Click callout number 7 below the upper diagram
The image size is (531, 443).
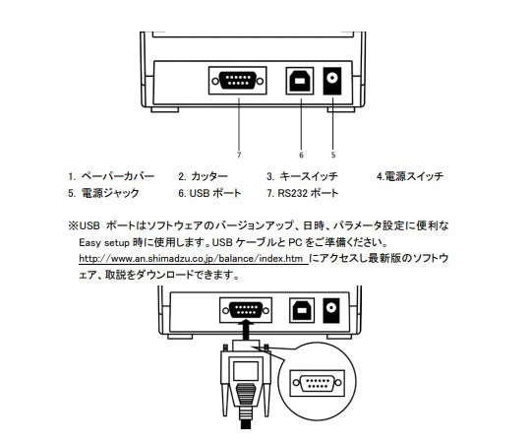pos(239,155)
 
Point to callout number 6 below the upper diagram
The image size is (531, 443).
pos(301,155)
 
